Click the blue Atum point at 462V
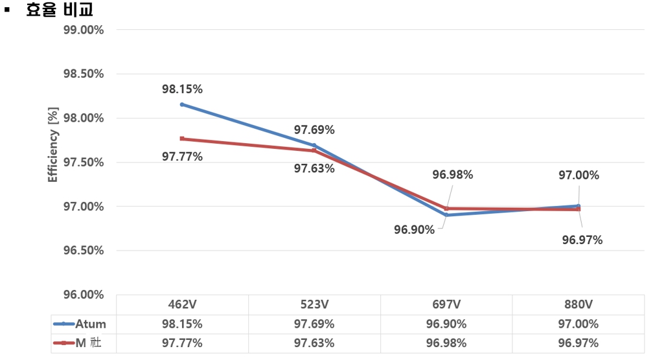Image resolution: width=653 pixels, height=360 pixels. (x=182, y=104)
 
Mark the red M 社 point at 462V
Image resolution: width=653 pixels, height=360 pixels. (x=182, y=139)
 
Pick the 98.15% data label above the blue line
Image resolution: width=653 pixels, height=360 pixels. (x=182, y=89)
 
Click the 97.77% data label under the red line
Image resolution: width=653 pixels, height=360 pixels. (x=182, y=156)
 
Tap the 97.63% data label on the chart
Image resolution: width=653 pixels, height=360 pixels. (x=314, y=168)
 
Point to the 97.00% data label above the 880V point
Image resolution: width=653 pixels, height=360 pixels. (x=579, y=175)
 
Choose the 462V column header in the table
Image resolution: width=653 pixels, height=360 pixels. (x=182, y=305)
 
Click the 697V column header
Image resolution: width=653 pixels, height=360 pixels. (x=446, y=305)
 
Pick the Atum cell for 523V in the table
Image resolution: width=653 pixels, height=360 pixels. (x=314, y=324)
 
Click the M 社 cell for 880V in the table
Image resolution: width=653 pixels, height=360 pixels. (x=578, y=343)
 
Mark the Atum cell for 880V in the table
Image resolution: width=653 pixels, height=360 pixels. (x=578, y=324)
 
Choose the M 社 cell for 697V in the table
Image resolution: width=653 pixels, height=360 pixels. (x=446, y=343)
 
